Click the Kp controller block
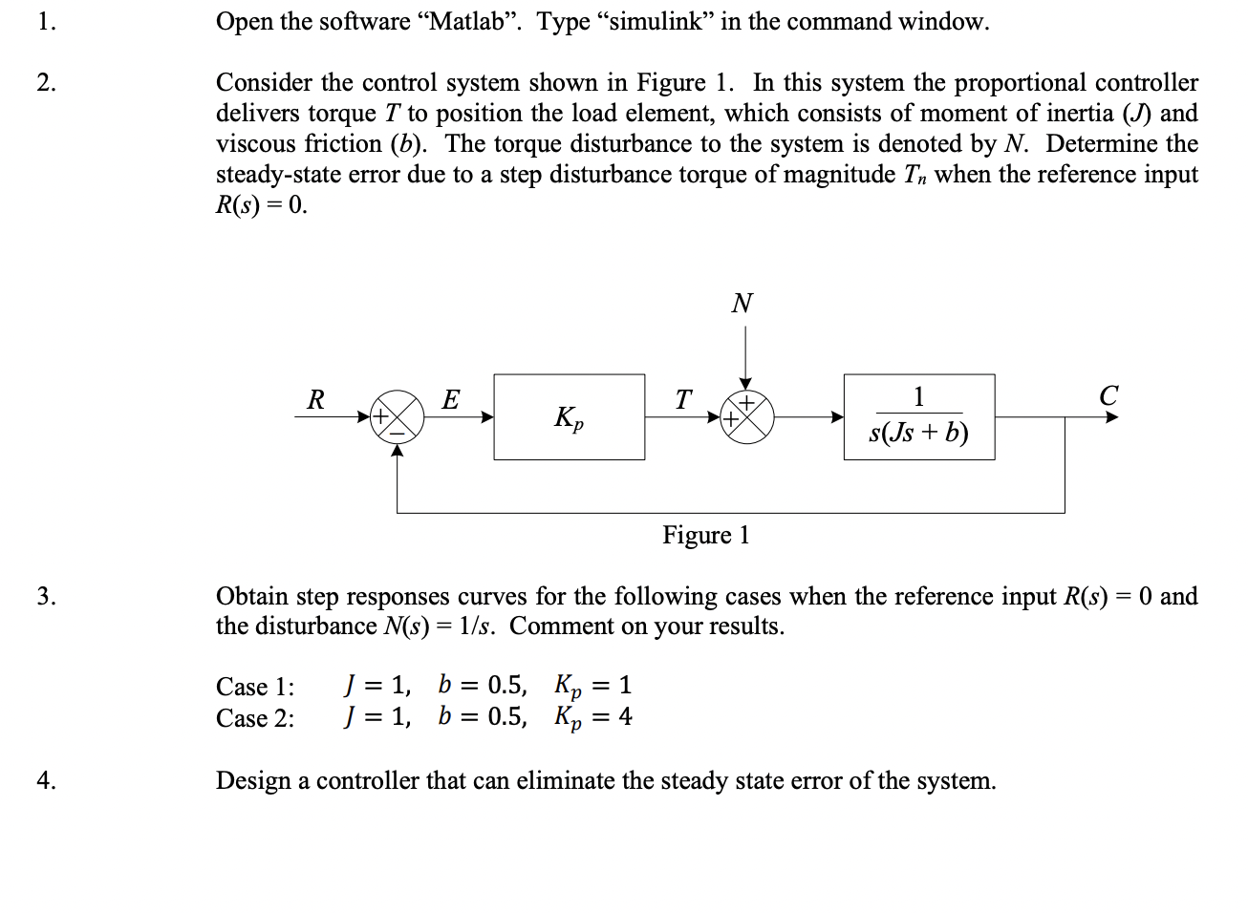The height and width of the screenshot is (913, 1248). (x=569, y=417)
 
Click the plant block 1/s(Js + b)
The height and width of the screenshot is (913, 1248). (x=918, y=417)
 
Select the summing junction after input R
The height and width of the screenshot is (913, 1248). (x=398, y=417)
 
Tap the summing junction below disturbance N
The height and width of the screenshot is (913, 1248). (x=746, y=417)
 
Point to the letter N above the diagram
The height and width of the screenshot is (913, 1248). (x=742, y=304)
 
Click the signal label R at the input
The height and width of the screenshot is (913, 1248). (x=315, y=399)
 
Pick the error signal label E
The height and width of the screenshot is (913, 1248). (x=451, y=399)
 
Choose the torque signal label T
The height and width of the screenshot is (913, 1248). (x=682, y=399)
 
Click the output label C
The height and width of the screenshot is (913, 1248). (x=1108, y=395)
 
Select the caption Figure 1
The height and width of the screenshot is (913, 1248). (x=706, y=535)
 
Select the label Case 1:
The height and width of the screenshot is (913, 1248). (x=255, y=687)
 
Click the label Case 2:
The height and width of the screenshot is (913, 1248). (x=255, y=718)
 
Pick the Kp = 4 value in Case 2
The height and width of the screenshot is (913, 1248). (x=593, y=717)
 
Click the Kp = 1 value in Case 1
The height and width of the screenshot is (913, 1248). (x=593, y=686)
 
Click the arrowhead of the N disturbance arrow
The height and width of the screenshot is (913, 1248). (x=746, y=383)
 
